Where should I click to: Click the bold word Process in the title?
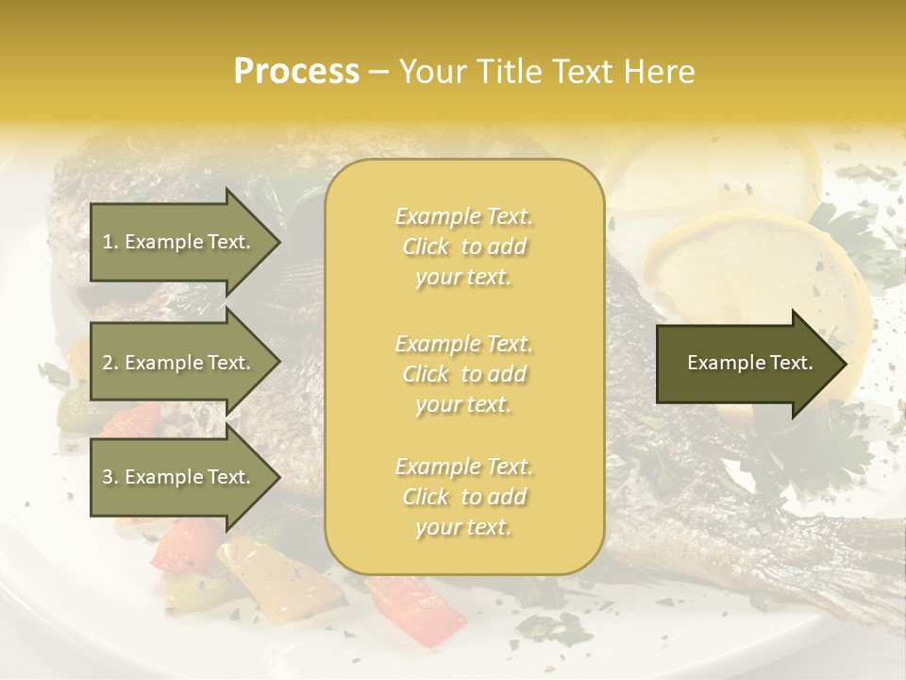point(296,72)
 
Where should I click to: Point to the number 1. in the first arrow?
point(110,243)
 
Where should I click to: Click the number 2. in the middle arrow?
point(110,363)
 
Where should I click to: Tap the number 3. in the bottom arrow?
point(110,477)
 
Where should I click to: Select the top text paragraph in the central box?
point(463,246)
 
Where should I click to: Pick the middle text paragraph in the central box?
point(463,374)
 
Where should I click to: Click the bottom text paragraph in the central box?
point(463,497)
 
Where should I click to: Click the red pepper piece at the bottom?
point(415,604)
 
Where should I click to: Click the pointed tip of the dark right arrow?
point(845,364)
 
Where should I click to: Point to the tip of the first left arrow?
point(278,243)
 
